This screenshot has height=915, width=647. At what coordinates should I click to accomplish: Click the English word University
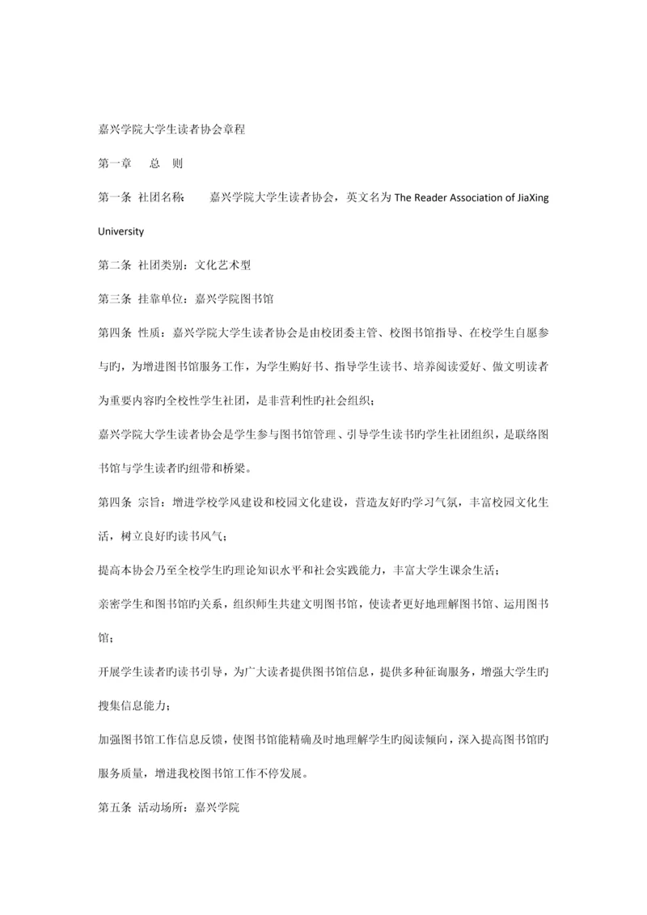[x=121, y=231]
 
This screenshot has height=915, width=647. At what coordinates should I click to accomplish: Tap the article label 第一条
[x=114, y=198]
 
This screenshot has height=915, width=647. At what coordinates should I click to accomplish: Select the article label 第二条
[x=114, y=265]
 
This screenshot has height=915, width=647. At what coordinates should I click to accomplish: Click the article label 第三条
[x=114, y=298]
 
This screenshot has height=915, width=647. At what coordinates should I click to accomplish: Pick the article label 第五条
[x=114, y=807]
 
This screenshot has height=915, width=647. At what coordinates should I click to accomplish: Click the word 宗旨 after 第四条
[x=149, y=502]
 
